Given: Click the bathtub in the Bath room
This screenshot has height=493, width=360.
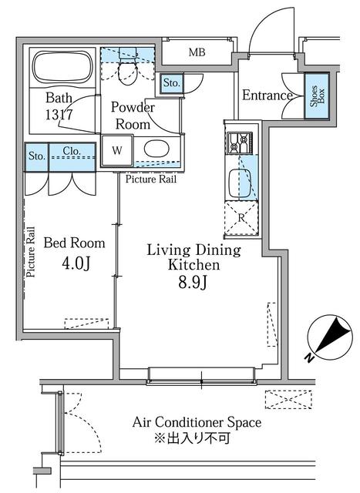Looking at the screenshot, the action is click(x=63, y=67).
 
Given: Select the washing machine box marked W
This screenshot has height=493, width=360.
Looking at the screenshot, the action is click(x=117, y=150).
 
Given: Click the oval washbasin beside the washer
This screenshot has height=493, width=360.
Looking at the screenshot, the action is click(x=156, y=149).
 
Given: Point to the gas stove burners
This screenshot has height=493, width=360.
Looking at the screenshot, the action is click(x=240, y=143).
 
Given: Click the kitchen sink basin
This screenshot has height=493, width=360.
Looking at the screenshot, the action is click(x=240, y=183).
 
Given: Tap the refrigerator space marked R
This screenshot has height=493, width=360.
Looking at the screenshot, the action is click(x=241, y=218).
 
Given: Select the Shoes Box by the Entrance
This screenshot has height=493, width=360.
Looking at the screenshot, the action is click(x=317, y=96).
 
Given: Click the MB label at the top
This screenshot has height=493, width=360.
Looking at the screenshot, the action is click(x=197, y=52).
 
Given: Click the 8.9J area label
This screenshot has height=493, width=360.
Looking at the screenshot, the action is click(x=193, y=283).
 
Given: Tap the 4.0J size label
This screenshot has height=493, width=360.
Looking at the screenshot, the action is click(x=76, y=263).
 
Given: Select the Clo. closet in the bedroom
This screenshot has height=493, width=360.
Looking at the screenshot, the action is click(x=72, y=157).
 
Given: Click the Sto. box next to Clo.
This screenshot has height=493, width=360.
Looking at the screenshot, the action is click(x=36, y=157).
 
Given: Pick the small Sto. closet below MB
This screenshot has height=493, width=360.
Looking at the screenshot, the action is click(x=171, y=83).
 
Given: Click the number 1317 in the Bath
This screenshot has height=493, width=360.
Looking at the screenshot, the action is click(x=59, y=115).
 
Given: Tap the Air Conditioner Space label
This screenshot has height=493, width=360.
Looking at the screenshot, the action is click(x=197, y=422).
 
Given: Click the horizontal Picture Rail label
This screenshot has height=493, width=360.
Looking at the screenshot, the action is click(x=151, y=179).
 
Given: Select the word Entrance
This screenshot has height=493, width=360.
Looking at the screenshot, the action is click(x=267, y=96).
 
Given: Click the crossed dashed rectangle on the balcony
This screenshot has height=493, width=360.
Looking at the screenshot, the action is click(x=288, y=400).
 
